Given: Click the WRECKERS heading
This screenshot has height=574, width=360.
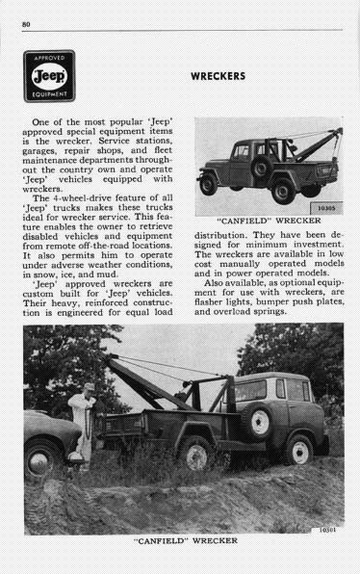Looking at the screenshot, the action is click(218, 75).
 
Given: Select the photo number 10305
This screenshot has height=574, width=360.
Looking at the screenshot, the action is click(326, 205).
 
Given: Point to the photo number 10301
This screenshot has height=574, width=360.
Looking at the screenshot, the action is click(328, 528).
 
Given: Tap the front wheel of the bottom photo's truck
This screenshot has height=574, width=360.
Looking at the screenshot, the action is click(301, 453).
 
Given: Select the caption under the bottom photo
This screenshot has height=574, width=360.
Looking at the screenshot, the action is click(182, 542).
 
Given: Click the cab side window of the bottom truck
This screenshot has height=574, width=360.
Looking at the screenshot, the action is click(253, 389).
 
